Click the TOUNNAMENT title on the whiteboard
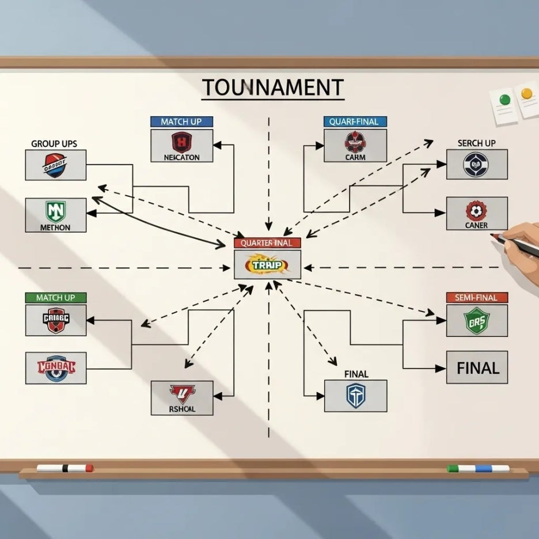click(273, 88)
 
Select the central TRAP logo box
click(267, 265)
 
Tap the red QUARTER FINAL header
click(267, 243)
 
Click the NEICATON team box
click(181, 145)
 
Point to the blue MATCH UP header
click(181, 122)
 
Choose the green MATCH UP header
click(55, 298)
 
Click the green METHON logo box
click(56, 215)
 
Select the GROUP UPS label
click(54, 143)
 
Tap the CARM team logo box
click(355, 145)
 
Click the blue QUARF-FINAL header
click(355, 122)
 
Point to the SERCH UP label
click(476, 143)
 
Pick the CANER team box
click(477, 213)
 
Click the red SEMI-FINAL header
click(477, 297)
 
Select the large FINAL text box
click(477, 367)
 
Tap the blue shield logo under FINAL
click(355, 396)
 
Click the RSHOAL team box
click(181, 397)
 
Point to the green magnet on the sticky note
click(505, 99)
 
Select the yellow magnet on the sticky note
click(526, 93)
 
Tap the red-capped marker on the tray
click(64, 468)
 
